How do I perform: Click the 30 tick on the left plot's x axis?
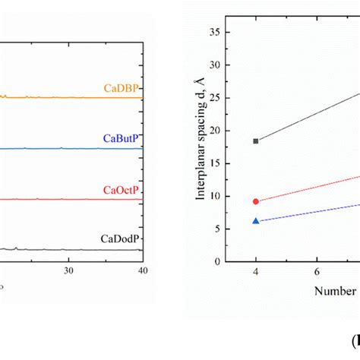(68, 270)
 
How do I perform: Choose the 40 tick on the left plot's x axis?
(142, 270)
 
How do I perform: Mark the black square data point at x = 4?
(256, 141)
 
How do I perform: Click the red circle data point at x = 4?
(256, 201)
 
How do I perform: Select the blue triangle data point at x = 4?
(256, 221)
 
